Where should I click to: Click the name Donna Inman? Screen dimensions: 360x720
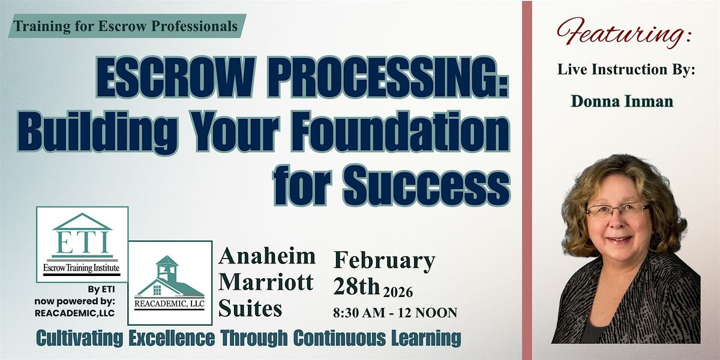(x=622, y=102)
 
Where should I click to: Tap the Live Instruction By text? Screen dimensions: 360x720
(x=626, y=70)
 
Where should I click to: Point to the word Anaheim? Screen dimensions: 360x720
(x=268, y=256)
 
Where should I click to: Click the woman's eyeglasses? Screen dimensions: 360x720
(x=618, y=211)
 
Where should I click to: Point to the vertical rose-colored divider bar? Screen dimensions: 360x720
(x=527, y=180)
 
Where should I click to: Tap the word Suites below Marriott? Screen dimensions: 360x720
(x=251, y=308)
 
